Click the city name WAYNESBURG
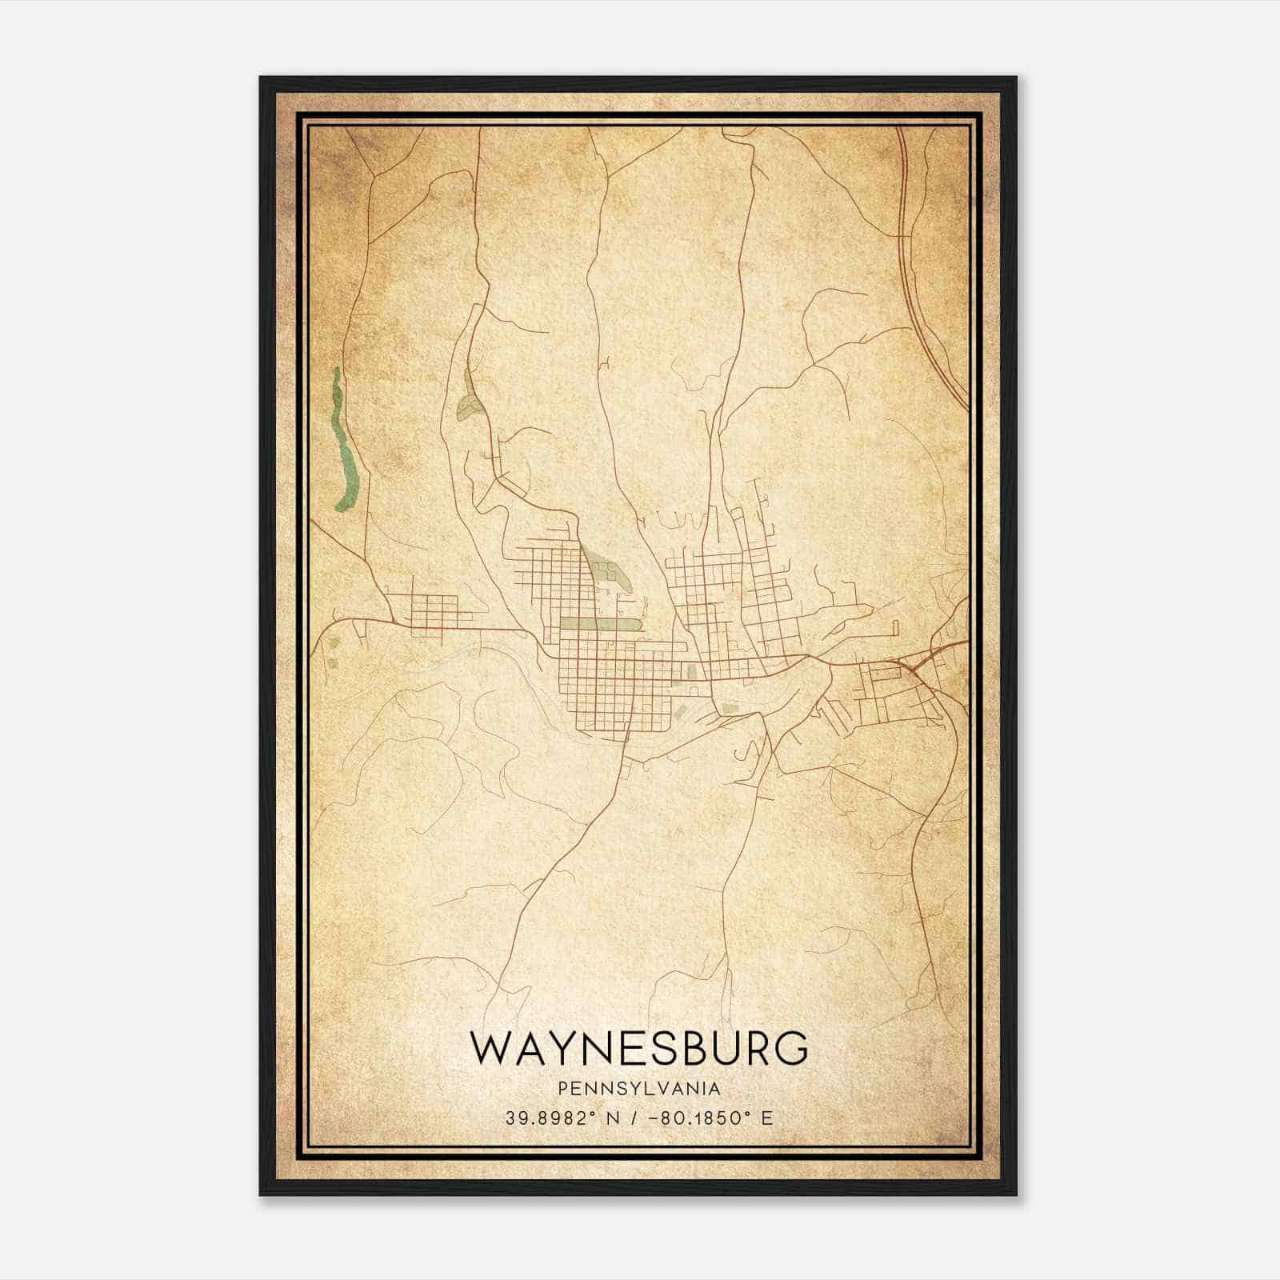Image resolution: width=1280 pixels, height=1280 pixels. click(638, 1048)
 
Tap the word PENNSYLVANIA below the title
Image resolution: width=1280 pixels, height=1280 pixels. click(638, 1089)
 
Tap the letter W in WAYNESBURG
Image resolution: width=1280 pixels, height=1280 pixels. click(491, 1048)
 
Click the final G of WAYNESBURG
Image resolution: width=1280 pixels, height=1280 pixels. click(791, 1048)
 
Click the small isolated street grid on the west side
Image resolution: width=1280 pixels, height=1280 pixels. click(432, 610)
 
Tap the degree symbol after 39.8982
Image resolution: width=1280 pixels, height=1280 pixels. click(594, 1112)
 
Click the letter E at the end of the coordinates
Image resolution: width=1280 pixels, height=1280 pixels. click(767, 1118)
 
